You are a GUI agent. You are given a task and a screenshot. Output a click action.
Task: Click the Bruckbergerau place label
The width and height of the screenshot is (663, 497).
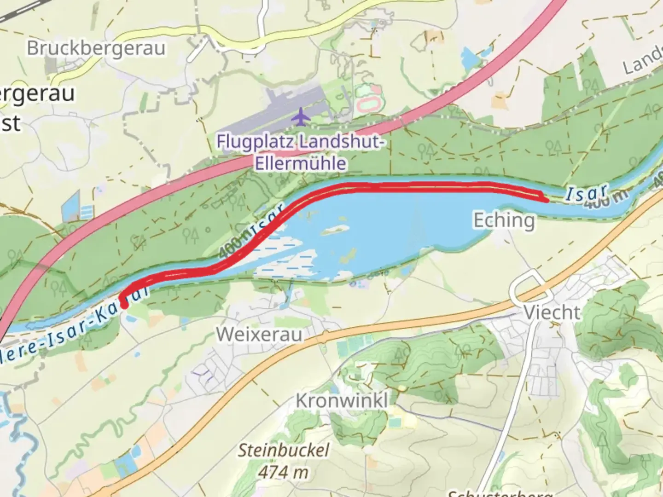pos(96,48)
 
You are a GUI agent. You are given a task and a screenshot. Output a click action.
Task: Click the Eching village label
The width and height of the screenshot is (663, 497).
pos(504,220)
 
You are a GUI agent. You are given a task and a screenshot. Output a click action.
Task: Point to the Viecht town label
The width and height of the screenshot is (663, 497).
pos(552,313)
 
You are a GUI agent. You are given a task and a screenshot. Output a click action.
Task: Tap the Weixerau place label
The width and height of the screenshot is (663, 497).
pos(259,334)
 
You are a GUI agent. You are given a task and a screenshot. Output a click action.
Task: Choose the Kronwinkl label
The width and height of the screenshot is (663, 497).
pos(342,400)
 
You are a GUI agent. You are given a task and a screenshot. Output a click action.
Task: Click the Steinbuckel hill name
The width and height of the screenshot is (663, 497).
pos(284,450)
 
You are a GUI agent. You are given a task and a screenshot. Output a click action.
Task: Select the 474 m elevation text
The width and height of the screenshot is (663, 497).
pos(283,472)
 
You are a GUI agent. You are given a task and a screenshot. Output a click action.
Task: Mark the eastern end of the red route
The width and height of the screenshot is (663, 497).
pos(546,200)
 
